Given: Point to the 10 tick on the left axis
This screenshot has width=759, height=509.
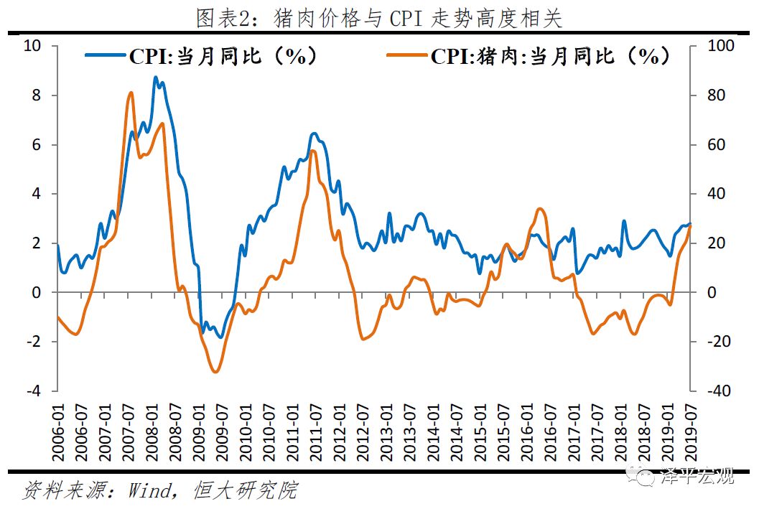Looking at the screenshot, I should coord(33,47).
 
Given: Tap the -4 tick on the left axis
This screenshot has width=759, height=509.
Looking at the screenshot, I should coord(33,391).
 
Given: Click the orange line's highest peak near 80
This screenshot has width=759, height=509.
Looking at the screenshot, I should coord(130,93).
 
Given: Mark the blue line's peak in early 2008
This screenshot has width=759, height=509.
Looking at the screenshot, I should coord(156,77).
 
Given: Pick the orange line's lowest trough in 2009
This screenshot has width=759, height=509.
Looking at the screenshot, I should coord(215,371).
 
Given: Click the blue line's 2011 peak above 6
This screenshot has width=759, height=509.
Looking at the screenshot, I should coord(314,134).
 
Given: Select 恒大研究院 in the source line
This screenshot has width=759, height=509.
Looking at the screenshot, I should coord(245,491).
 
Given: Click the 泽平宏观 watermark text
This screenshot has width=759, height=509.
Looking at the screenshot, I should coord(697,476).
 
